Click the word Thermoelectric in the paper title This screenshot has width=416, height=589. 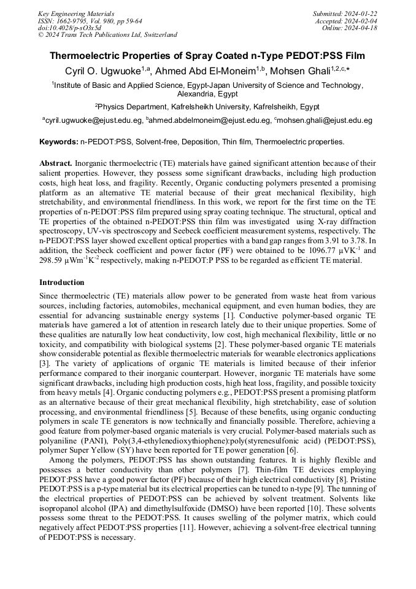86,55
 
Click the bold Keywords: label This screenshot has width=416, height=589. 58,142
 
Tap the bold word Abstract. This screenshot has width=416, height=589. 56,163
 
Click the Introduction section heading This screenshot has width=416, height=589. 62,283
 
